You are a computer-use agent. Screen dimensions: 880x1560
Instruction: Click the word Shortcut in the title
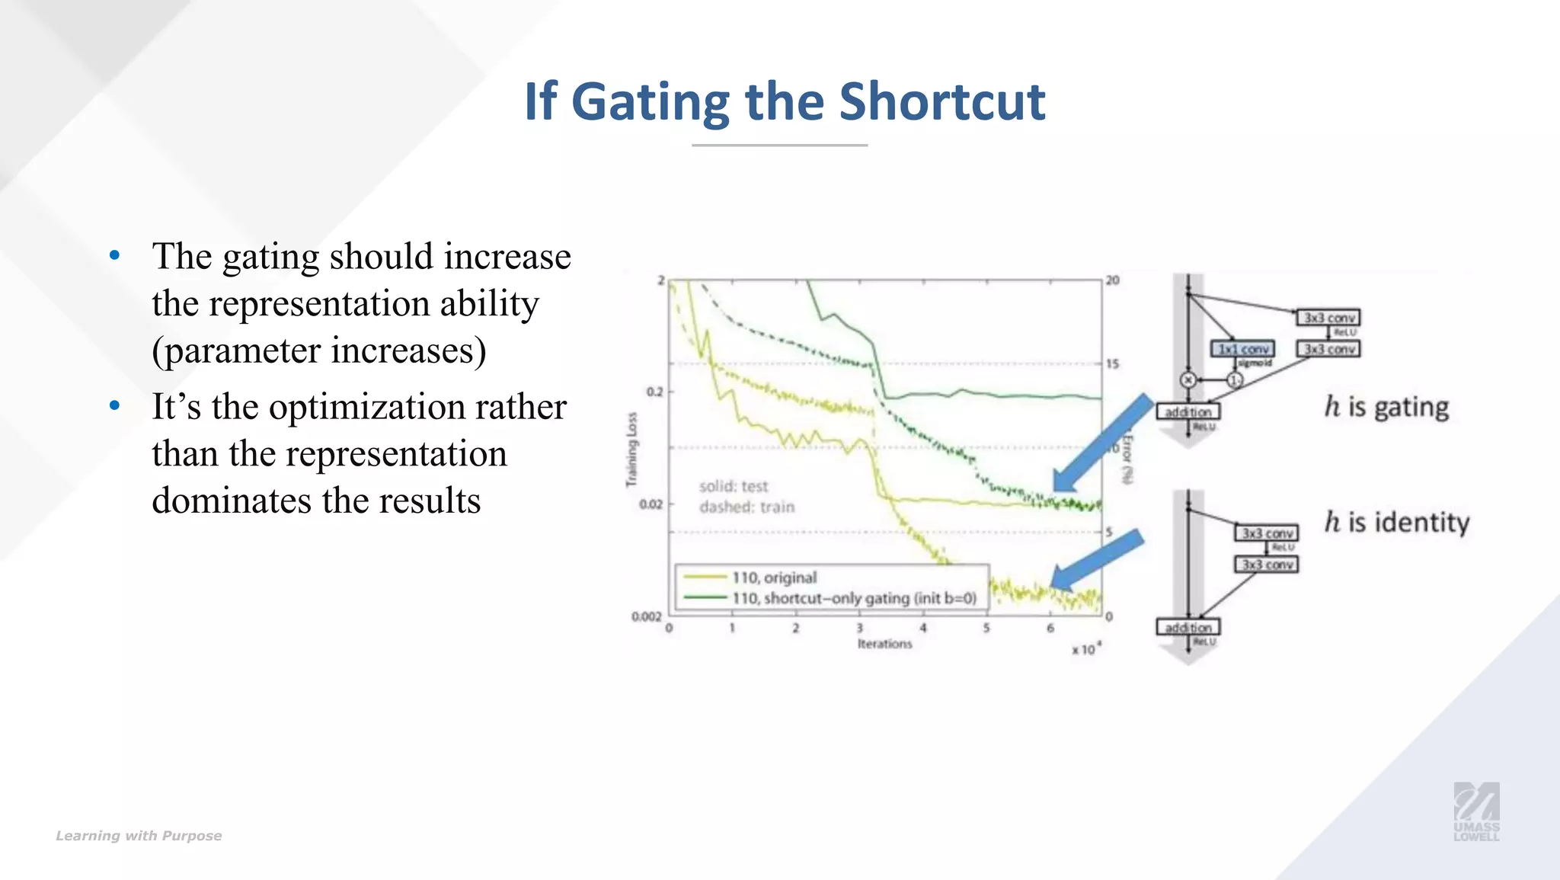point(942,101)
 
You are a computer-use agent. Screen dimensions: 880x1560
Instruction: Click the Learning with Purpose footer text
point(139,836)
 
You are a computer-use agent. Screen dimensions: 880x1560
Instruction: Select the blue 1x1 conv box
point(1242,349)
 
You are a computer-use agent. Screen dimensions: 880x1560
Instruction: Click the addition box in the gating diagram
point(1188,411)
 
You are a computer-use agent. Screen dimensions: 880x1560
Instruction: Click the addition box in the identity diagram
point(1188,627)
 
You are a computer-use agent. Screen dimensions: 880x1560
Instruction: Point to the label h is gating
point(1386,407)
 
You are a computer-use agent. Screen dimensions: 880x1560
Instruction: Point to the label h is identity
point(1396,522)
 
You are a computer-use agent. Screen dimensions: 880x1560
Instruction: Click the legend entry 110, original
point(774,578)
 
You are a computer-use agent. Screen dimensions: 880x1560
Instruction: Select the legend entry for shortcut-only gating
point(853,598)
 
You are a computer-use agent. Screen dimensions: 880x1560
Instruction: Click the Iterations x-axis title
point(884,644)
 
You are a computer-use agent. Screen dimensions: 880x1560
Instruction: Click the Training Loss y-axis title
point(631,450)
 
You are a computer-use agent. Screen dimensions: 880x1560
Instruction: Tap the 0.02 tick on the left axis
point(651,504)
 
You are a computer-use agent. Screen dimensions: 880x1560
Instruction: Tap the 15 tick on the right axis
point(1113,364)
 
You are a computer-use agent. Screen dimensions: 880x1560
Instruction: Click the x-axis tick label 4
point(922,629)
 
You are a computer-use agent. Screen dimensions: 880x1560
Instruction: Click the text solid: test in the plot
point(734,486)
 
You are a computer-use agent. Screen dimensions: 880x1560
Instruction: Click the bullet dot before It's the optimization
point(115,405)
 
